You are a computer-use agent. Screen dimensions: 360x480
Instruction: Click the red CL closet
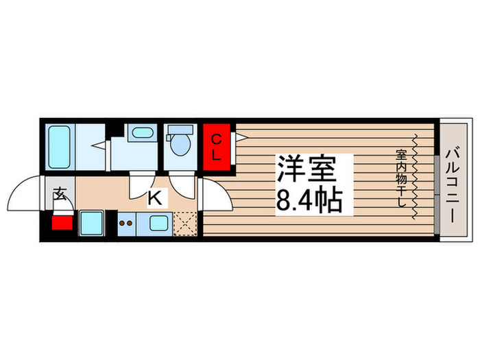[217, 147]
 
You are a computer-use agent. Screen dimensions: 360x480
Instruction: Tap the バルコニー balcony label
[455, 182]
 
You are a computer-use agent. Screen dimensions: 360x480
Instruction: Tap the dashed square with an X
[184, 223]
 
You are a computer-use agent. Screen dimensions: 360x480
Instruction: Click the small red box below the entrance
[62, 222]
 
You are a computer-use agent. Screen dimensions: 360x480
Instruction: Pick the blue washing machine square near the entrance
[91, 223]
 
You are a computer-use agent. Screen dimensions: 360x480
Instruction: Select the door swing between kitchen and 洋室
[214, 195]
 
